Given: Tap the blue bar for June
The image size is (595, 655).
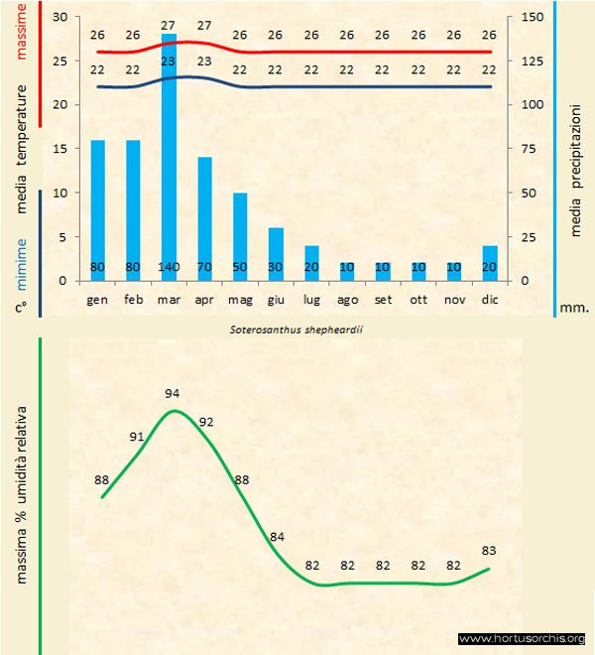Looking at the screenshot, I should pos(276,254).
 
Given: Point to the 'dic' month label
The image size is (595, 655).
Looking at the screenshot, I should pos(490,299).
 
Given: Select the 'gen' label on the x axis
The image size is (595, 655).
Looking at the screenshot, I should pos(97,299).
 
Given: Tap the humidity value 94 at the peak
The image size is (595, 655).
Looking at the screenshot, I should pos(174,394).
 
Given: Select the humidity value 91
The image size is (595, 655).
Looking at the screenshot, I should pos(138,436).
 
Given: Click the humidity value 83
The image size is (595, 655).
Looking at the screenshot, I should pos(489,551).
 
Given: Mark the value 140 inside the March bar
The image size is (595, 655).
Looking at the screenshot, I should pos(169,267).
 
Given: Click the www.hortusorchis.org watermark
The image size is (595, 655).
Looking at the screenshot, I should pos(523,638).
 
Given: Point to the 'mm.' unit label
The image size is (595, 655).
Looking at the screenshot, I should pos(574,308).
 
